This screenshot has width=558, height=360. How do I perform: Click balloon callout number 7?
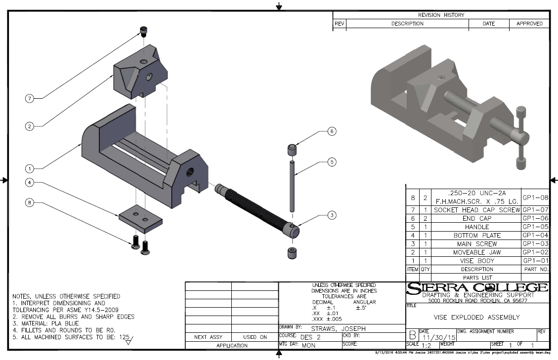pos(29,98)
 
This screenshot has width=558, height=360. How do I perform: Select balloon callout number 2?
pos(29,126)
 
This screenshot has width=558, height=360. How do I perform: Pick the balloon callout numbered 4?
pos(29,182)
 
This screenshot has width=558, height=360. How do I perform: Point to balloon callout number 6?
pos(332,131)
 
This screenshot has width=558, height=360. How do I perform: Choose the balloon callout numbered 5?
pos(332,161)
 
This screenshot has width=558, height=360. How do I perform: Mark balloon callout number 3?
pos(332,215)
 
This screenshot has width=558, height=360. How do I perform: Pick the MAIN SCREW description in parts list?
pos(470,243)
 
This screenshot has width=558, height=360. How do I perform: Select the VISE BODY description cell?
pos(470,260)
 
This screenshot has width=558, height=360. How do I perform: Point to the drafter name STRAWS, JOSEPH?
pos(339,328)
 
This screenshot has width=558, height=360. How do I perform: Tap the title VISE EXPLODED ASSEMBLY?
pos(476,317)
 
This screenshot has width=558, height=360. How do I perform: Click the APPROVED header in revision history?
pos(529,24)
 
